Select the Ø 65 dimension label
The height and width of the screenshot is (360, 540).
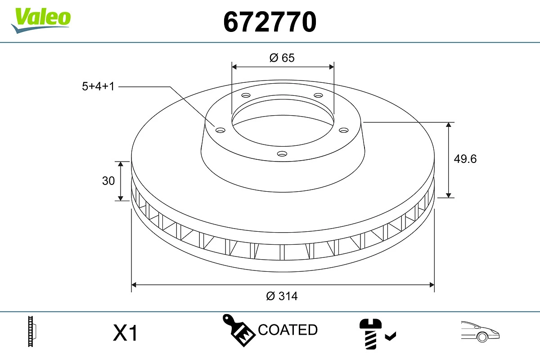[282, 58]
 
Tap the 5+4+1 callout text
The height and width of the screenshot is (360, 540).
[98, 86]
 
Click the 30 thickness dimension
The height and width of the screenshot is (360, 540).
[108, 181]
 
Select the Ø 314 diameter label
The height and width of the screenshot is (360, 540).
[282, 296]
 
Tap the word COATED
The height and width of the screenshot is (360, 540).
[288, 330]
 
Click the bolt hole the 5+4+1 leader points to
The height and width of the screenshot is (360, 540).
[220, 130]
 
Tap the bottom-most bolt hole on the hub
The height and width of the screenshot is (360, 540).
[282, 154]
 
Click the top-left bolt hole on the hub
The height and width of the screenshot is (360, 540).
[246, 95]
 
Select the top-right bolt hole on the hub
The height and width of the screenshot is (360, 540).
[319, 95]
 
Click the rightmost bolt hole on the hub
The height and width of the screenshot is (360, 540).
[344, 130]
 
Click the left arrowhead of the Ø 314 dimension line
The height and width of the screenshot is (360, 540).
[134, 284]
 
